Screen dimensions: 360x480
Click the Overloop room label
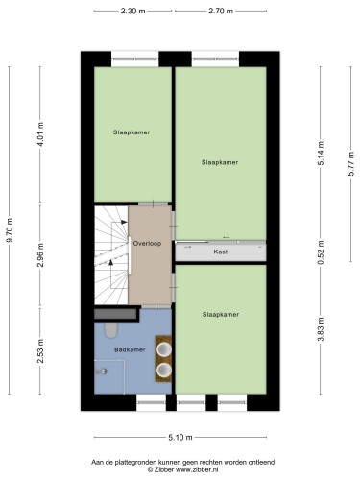pos(147,244)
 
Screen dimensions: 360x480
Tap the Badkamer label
pos(130,349)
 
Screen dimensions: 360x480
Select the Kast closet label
pos(221,252)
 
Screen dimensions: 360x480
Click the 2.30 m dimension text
pos(132,12)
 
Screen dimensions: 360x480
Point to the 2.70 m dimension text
pos(221,12)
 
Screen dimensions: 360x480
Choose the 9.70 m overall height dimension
pos(10,230)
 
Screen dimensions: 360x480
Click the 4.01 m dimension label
pos(40,134)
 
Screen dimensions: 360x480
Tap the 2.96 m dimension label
pos(40,255)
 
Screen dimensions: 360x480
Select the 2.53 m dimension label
pos(40,351)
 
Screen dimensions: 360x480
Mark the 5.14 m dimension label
pos(321,153)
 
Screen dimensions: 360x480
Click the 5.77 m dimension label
pos(351,163)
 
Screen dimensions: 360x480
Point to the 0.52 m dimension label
pos(321,252)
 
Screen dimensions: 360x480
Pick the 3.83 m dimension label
pos(321,329)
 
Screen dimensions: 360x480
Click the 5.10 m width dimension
pos(180,438)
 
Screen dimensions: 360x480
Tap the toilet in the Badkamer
pos(110,329)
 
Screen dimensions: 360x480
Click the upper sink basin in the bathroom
pos(164,349)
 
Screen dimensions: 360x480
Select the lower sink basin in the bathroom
pos(164,370)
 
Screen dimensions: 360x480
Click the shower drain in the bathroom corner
pos(103,372)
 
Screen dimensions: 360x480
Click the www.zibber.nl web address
pos(197,470)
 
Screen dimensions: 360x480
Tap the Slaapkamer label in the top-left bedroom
pos(132,132)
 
